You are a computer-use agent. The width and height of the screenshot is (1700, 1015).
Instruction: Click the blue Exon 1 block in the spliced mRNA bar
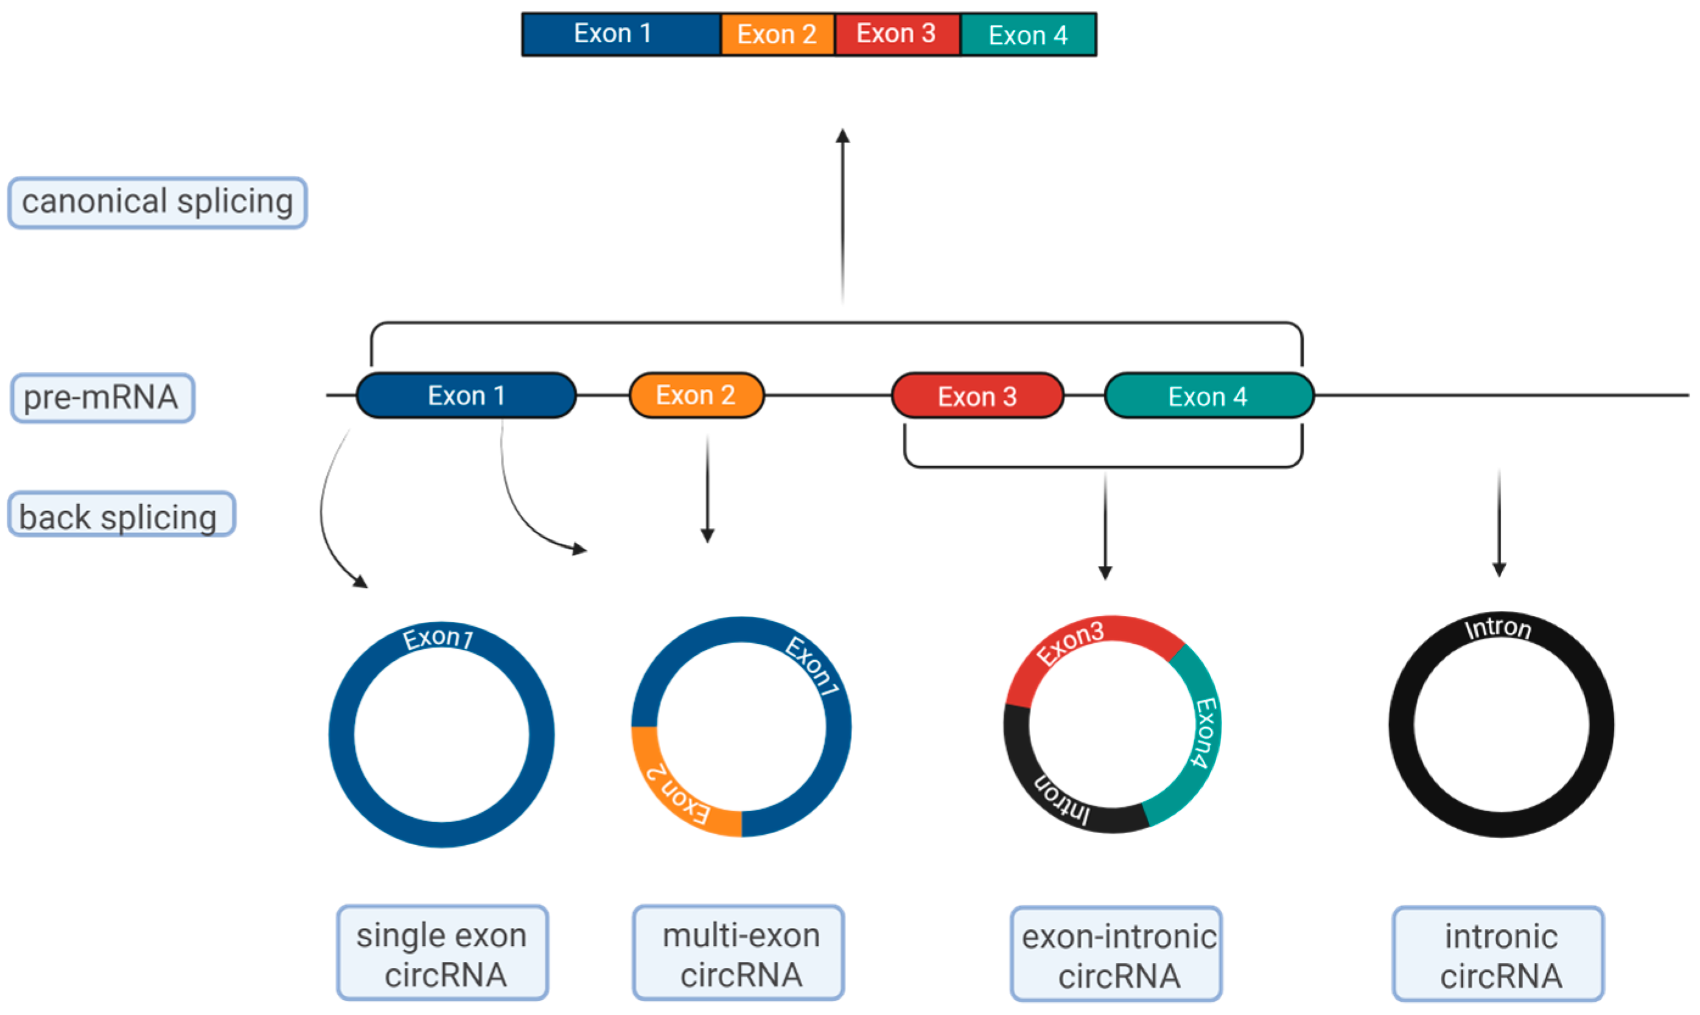click(x=620, y=34)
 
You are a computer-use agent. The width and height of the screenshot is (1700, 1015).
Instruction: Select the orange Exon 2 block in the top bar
click(x=777, y=34)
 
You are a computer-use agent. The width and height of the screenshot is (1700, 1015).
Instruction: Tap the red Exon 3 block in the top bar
click(x=896, y=34)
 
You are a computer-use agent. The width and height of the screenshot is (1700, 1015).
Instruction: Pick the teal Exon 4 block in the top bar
click(x=1027, y=34)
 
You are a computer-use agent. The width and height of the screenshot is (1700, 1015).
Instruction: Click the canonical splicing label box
click(x=158, y=203)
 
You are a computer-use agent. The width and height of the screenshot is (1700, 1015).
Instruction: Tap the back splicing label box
click(x=121, y=514)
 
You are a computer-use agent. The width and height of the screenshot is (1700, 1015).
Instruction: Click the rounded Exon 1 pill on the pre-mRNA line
click(x=466, y=396)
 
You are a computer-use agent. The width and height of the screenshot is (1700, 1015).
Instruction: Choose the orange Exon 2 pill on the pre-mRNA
click(x=696, y=396)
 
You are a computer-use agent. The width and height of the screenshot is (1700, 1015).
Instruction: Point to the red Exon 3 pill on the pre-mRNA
click(x=977, y=396)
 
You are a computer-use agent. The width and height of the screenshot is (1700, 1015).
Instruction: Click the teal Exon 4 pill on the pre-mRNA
click(x=1208, y=396)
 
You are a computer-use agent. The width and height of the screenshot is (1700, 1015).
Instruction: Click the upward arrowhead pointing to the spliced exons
click(x=843, y=136)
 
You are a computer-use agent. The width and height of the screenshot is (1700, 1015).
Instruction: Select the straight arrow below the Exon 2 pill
click(x=707, y=489)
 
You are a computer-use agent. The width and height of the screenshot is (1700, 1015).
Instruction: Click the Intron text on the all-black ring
click(x=1497, y=628)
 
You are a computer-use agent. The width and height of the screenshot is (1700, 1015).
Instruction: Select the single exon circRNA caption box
click(x=442, y=954)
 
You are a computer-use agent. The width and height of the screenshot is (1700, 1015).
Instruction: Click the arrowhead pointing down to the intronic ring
click(x=1499, y=569)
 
